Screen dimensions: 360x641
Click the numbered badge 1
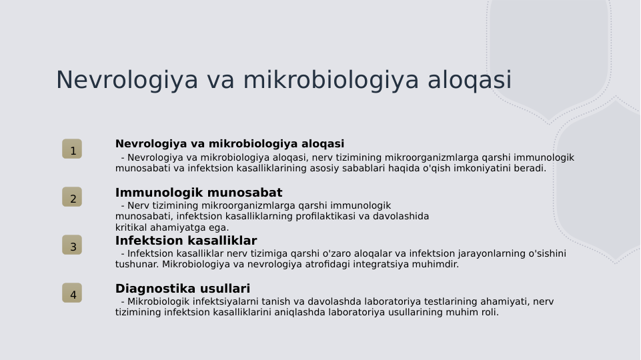tap(72, 149)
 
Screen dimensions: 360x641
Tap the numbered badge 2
tap(72, 197)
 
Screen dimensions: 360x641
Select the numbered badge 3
tap(72, 245)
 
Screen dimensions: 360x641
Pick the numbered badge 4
tap(72, 293)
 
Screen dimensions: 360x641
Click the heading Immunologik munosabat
tap(199, 193)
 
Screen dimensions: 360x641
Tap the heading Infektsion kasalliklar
tap(186, 241)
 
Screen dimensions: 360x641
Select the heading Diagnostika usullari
tap(183, 289)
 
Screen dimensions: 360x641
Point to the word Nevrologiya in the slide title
tap(127, 80)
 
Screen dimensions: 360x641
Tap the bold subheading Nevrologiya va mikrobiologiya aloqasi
tap(229, 144)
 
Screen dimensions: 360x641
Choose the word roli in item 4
tap(488, 312)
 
